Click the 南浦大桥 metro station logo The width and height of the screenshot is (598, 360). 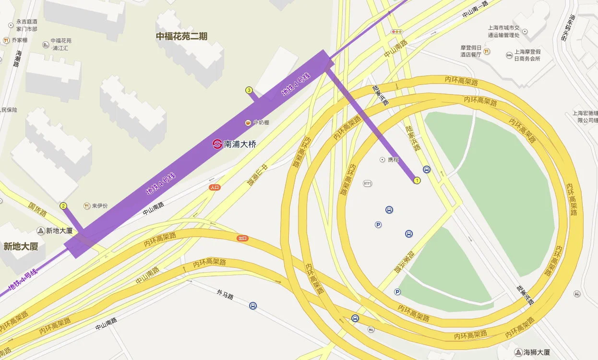click(x=217, y=144)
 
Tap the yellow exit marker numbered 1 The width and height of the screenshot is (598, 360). click(x=417, y=180)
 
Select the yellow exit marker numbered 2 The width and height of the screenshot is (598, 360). click(x=63, y=206)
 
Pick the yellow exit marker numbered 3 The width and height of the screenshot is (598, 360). click(x=249, y=90)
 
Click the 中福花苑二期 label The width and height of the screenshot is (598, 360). click(x=181, y=36)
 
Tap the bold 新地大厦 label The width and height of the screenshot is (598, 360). click(x=21, y=246)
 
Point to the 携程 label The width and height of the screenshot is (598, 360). click(x=393, y=159)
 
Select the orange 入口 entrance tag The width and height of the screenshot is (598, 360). click(x=215, y=188)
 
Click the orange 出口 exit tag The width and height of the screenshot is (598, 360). click(x=242, y=238)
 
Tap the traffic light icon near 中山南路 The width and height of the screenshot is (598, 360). click(x=396, y=32)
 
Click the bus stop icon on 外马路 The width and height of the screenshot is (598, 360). click(x=252, y=305)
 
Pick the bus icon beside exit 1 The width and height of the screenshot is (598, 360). click(x=427, y=169)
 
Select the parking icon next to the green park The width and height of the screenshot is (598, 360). click(x=397, y=292)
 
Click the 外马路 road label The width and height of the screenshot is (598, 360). click(x=225, y=294)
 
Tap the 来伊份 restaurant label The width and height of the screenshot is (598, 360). click(x=100, y=206)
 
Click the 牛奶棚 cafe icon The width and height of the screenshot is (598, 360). click(x=248, y=122)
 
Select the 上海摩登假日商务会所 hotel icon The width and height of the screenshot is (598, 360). click(x=509, y=55)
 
